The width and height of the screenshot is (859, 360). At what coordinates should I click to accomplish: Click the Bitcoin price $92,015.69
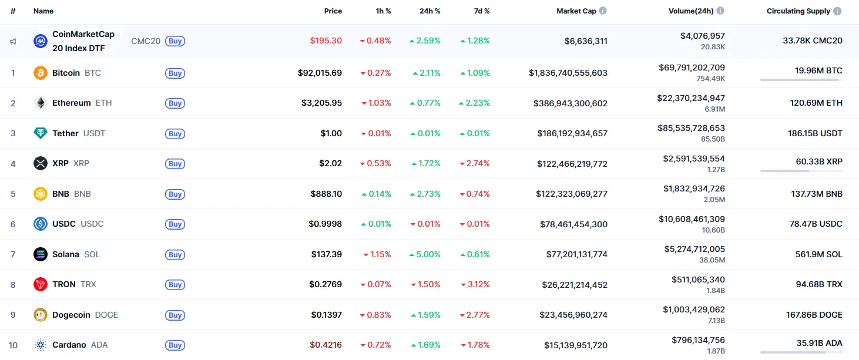point(320,73)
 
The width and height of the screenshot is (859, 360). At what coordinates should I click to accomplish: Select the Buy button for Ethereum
point(175,103)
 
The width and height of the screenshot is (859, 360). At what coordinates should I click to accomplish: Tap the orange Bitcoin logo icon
point(41,73)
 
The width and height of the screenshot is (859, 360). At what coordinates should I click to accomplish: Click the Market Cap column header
point(576,11)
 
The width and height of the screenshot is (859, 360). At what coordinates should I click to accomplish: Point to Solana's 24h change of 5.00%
point(425,254)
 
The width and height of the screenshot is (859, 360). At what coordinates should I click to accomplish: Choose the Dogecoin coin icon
point(41,315)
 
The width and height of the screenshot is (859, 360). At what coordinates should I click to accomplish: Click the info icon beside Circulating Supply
point(837,11)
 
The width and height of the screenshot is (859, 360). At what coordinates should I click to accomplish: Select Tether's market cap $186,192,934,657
point(572,133)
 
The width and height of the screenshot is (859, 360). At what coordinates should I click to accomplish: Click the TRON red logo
point(41,284)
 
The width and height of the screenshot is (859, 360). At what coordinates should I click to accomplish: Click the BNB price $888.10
point(326,194)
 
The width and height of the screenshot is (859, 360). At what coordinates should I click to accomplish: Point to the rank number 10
point(13,345)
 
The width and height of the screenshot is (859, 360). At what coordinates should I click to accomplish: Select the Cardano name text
point(69,345)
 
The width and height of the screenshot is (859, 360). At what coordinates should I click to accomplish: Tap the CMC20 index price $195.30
point(326,41)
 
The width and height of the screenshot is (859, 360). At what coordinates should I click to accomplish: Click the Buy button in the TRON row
point(175,285)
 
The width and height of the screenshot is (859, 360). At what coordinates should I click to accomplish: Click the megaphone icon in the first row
point(13,41)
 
